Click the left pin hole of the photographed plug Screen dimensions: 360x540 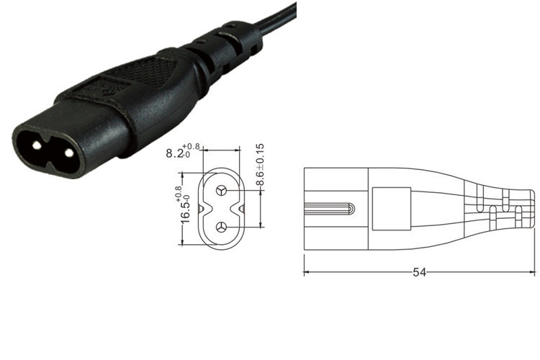[x=34, y=143]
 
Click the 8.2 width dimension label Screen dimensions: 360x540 [x=176, y=153]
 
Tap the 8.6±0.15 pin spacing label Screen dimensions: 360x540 [x=261, y=166]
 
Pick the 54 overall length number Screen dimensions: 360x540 [x=419, y=272]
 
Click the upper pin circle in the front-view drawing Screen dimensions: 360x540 [x=221, y=191]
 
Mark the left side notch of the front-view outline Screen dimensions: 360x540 [x=204, y=210]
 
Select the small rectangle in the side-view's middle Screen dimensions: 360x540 [x=391, y=210]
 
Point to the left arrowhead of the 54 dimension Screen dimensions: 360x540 [x=307, y=272]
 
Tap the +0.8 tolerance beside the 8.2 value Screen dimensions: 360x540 [x=193, y=146]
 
